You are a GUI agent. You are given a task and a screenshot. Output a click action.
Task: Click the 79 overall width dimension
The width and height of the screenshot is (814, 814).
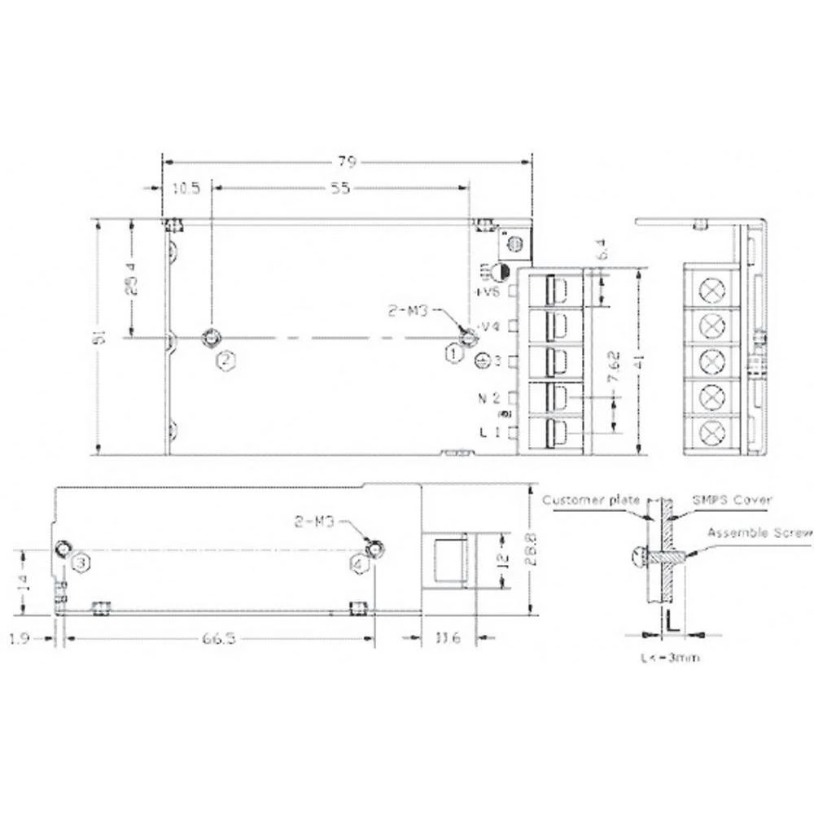click(x=348, y=160)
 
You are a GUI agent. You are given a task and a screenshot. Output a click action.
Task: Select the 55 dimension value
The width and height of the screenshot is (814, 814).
click(x=340, y=188)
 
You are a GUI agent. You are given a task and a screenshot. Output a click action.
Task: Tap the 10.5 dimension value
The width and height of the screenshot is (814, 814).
click(x=186, y=188)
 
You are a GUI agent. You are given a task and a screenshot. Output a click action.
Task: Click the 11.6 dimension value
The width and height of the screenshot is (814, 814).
click(x=448, y=639)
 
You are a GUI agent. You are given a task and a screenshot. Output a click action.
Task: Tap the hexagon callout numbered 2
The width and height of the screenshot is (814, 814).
click(x=225, y=358)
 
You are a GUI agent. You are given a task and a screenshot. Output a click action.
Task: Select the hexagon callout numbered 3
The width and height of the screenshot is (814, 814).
click(x=81, y=562)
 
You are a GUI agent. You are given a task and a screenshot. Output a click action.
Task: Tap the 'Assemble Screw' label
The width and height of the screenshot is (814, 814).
click(x=759, y=533)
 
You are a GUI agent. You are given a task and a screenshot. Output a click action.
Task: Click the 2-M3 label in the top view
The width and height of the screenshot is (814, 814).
click(x=409, y=311)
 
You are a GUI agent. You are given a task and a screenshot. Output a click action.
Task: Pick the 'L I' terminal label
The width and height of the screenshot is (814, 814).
click(x=490, y=433)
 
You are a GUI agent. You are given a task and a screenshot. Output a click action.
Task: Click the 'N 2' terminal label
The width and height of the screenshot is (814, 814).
click(x=490, y=397)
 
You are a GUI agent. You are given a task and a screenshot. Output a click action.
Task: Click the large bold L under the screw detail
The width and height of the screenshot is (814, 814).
click(x=672, y=620)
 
